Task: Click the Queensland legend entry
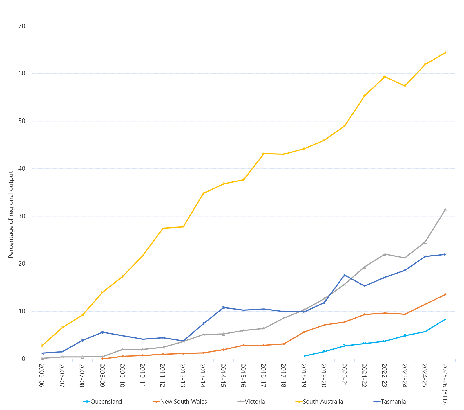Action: tap(106, 402)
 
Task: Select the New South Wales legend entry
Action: tap(183, 402)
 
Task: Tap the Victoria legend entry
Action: tap(255, 402)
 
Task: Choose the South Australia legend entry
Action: tap(323, 402)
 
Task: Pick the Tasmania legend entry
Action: tap(393, 402)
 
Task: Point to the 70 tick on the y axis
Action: tap(22, 26)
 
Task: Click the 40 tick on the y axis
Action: tap(22, 169)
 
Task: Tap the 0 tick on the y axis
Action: tap(23, 359)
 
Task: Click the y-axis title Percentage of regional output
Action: tap(11, 215)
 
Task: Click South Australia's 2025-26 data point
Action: tap(445, 53)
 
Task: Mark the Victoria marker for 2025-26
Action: tap(445, 209)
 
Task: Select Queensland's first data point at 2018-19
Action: tap(304, 356)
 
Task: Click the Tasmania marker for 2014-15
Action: tap(223, 307)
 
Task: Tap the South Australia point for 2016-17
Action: tap(264, 153)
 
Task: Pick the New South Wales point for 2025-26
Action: tap(445, 294)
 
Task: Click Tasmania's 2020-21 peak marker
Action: tap(344, 275)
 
